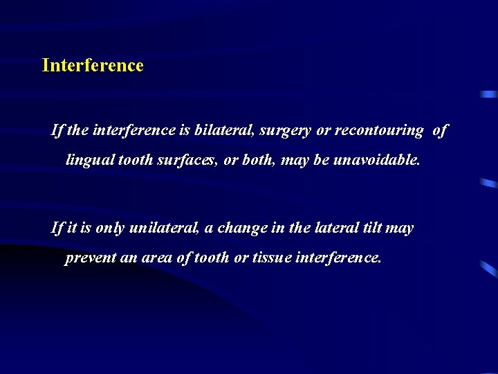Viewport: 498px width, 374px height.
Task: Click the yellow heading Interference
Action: [x=93, y=66]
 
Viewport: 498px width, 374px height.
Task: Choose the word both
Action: [x=259, y=160]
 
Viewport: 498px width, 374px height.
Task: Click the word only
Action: [x=110, y=228]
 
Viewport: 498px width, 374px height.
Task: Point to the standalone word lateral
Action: [x=338, y=228]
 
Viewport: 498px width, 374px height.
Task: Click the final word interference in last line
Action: [x=338, y=258]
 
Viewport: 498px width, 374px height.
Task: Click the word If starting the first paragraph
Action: [x=57, y=130]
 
